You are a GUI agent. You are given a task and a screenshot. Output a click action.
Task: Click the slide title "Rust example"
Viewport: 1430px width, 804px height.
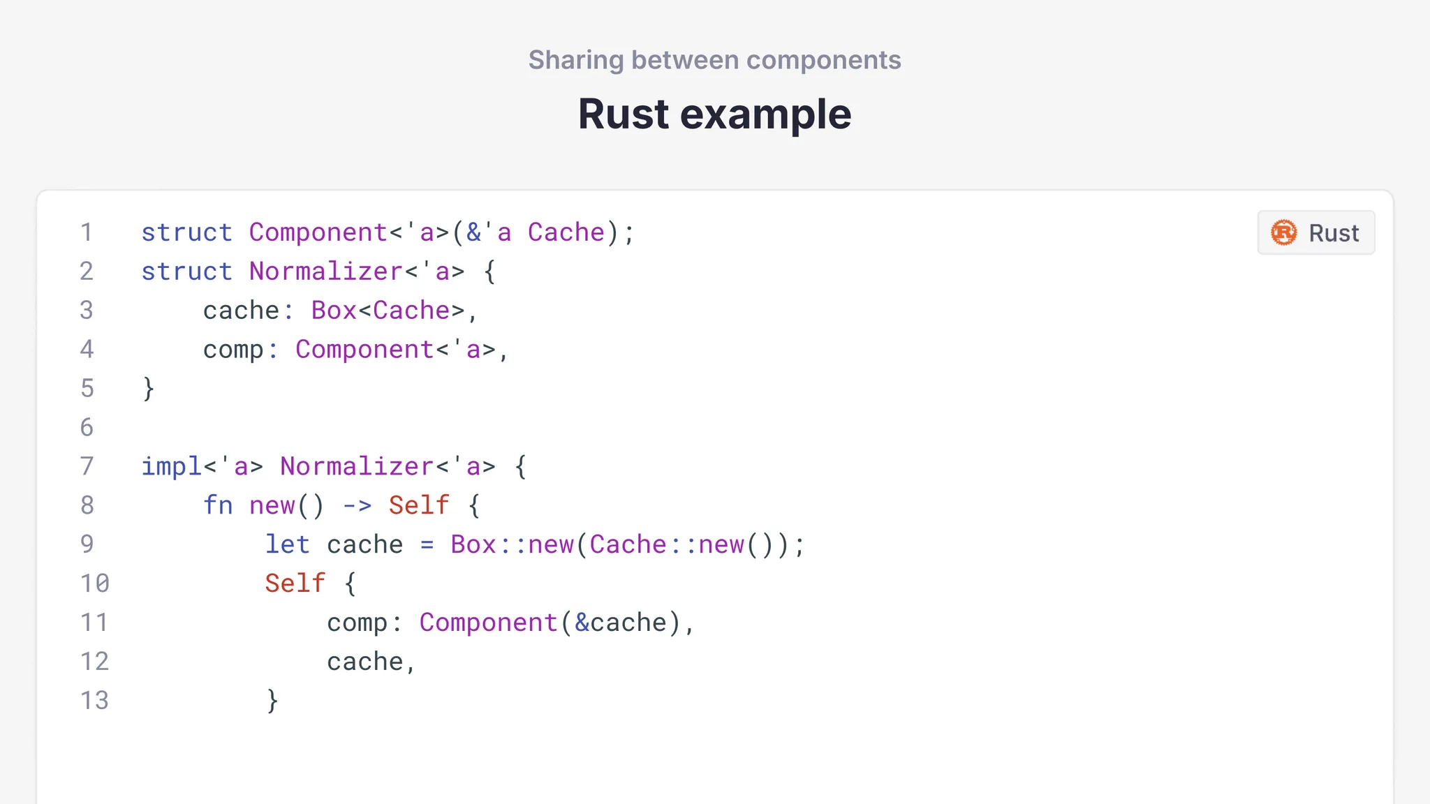click(x=714, y=114)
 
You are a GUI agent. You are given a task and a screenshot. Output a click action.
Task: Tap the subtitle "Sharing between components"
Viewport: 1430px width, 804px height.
click(x=714, y=60)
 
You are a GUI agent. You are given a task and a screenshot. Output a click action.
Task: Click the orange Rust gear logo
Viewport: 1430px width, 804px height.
click(x=1283, y=232)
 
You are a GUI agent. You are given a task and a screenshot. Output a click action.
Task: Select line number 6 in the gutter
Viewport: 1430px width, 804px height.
click(x=87, y=427)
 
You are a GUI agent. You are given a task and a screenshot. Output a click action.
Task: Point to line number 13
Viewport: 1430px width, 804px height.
click(x=95, y=700)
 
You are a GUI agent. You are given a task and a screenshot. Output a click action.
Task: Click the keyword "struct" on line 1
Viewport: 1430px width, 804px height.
click(x=186, y=232)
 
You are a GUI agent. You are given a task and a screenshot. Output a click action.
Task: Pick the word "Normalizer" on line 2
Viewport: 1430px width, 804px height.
click(x=326, y=271)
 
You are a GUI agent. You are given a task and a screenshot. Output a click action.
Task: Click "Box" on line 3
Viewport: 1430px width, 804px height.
click(x=334, y=311)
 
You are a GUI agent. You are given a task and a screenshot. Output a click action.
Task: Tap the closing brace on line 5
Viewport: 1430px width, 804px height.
click(x=148, y=389)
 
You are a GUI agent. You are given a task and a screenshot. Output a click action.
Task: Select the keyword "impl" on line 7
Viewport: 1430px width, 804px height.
click(x=172, y=466)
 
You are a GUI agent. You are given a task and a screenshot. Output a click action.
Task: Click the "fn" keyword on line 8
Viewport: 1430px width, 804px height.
click(x=218, y=505)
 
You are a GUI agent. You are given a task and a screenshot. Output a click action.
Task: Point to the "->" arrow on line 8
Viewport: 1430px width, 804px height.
click(x=357, y=505)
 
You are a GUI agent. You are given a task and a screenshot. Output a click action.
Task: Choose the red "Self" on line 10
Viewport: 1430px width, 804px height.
click(x=295, y=583)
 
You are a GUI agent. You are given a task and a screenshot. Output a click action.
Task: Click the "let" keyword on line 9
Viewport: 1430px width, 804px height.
click(x=287, y=544)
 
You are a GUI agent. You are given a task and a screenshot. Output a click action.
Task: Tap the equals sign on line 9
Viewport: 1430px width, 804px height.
click(x=427, y=545)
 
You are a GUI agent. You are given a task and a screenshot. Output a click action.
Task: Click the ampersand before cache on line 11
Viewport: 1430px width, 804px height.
click(x=582, y=623)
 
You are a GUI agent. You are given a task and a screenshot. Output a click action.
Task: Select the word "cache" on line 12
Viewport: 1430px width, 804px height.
click(x=364, y=662)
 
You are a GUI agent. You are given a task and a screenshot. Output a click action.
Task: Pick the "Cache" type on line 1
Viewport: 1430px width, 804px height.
click(x=566, y=232)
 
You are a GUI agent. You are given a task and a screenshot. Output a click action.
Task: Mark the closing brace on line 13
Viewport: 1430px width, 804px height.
click(x=272, y=701)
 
